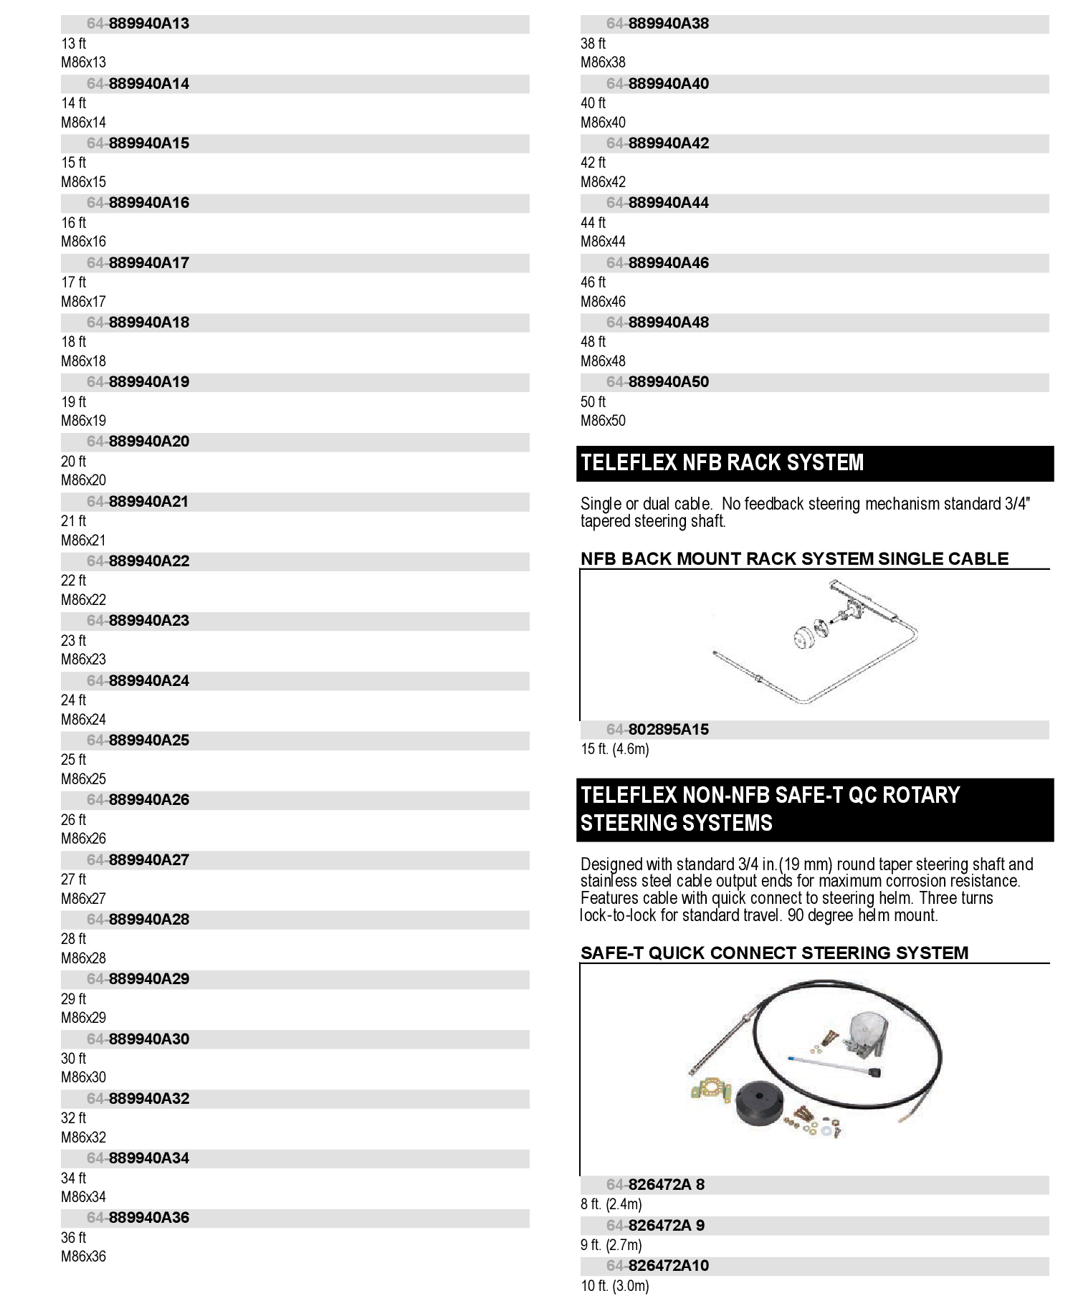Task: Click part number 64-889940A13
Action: tap(138, 24)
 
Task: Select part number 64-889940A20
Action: tap(138, 442)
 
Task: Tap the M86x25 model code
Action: tap(83, 779)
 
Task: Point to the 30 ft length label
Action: tap(73, 1059)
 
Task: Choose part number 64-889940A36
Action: tap(138, 1218)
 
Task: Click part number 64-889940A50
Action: tap(657, 382)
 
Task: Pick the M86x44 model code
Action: tap(603, 242)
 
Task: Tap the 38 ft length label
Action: tap(593, 44)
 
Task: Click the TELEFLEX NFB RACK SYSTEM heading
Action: tap(722, 463)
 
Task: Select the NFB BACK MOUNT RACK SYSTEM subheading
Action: tap(794, 559)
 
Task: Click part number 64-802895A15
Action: tap(657, 730)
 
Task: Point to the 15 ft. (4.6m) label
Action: tap(615, 750)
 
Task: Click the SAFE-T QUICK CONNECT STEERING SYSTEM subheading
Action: tap(774, 953)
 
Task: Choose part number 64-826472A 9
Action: tap(655, 1226)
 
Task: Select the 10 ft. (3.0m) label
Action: tap(615, 1287)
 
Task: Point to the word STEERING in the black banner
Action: tap(676, 823)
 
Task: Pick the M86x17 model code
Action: tap(83, 302)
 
